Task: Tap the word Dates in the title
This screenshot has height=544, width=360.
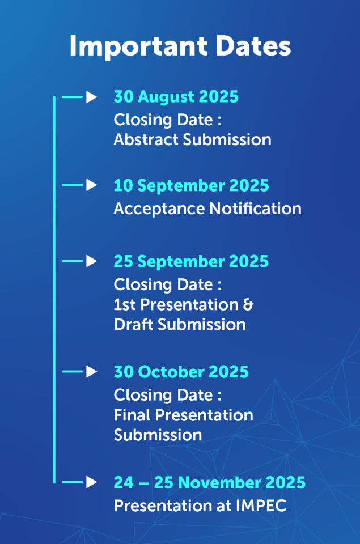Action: point(253,46)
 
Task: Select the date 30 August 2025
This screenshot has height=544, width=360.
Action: point(176,97)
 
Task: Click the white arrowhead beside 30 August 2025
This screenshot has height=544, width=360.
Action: point(91,97)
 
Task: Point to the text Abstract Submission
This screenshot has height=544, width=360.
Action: point(193,139)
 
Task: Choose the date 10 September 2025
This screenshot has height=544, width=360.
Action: point(191,186)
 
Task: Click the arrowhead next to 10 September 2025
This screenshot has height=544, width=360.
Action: point(91,185)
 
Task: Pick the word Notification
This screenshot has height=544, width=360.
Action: point(256,209)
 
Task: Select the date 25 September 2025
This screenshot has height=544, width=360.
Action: point(191,262)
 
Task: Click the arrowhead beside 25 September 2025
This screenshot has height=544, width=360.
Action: point(91,261)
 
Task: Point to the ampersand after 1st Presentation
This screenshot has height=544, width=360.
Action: point(248,305)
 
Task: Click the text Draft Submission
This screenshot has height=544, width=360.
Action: point(180,325)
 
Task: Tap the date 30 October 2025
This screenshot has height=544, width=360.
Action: point(181,372)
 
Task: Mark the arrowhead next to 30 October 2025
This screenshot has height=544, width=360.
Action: point(91,372)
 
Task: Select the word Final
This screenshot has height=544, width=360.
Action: point(132,415)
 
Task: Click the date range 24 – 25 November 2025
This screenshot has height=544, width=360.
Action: point(210,483)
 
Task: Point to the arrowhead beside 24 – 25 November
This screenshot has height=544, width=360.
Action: point(91,482)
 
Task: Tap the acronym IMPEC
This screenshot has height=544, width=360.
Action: point(261,505)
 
